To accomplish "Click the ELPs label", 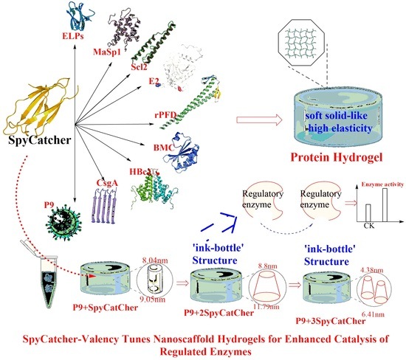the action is (73, 35).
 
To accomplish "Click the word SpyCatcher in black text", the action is (40, 140).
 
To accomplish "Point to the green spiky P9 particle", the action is (63, 223).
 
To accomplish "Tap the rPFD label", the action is (165, 114).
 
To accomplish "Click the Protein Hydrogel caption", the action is (337, 157).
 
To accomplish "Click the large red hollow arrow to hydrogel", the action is (259, 120).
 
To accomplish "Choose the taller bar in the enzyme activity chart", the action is (385, 205).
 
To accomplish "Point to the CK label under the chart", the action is (368, 226).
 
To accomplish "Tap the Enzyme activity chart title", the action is (382, 184).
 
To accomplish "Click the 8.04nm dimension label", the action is (155, 260).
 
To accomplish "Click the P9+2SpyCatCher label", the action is (219, 313).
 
